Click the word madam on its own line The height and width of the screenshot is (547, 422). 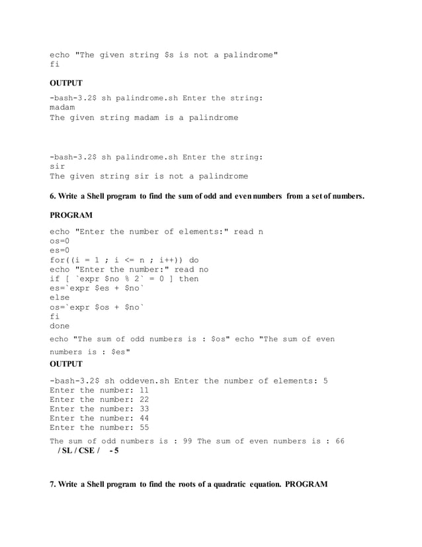point(62,108)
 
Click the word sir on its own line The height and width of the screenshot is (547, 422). point(58,167)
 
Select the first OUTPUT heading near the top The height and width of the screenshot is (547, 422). point(66,83)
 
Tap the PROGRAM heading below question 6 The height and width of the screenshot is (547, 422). point(71,215)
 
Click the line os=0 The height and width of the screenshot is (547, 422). point(60,241)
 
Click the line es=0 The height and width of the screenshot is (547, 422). point(60,250)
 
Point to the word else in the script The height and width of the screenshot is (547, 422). point(60,298)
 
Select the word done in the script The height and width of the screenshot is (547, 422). point(60,326)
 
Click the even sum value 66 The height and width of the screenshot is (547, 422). point(339,441)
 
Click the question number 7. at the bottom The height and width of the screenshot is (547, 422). point(54,485)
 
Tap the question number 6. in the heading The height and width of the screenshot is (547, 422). point(54,196)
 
